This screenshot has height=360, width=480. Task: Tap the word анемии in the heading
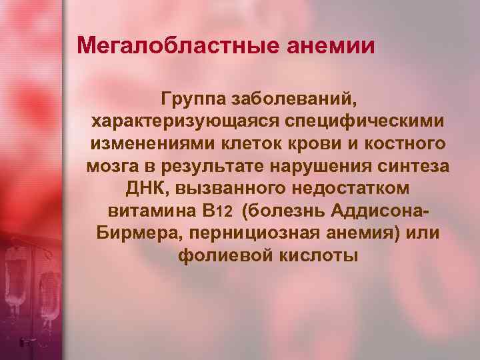[x=331, y=46]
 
